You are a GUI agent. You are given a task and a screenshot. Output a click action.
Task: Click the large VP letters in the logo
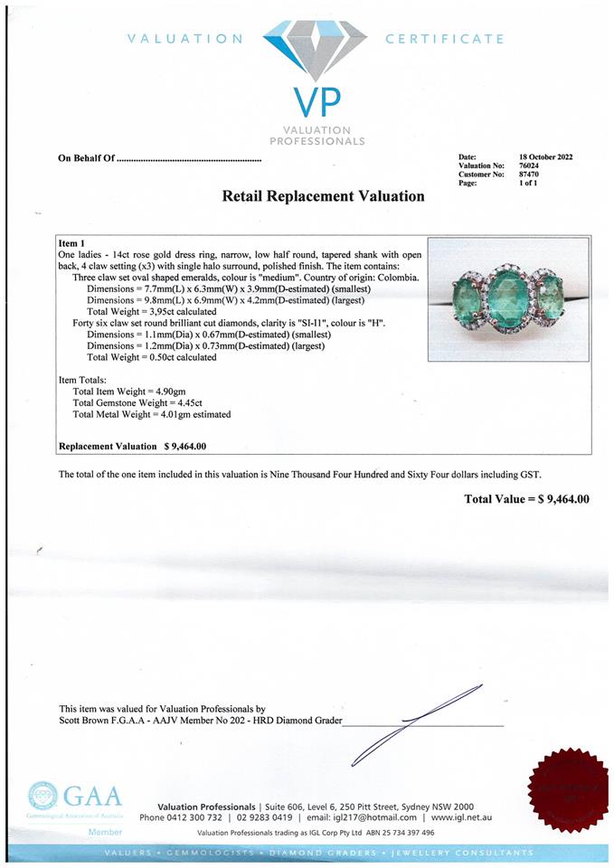314,99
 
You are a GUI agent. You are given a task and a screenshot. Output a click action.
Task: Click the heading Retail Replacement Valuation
323,195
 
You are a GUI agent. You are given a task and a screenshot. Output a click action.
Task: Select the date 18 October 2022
545,157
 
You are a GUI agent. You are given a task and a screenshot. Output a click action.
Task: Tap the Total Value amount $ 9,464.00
563,498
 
